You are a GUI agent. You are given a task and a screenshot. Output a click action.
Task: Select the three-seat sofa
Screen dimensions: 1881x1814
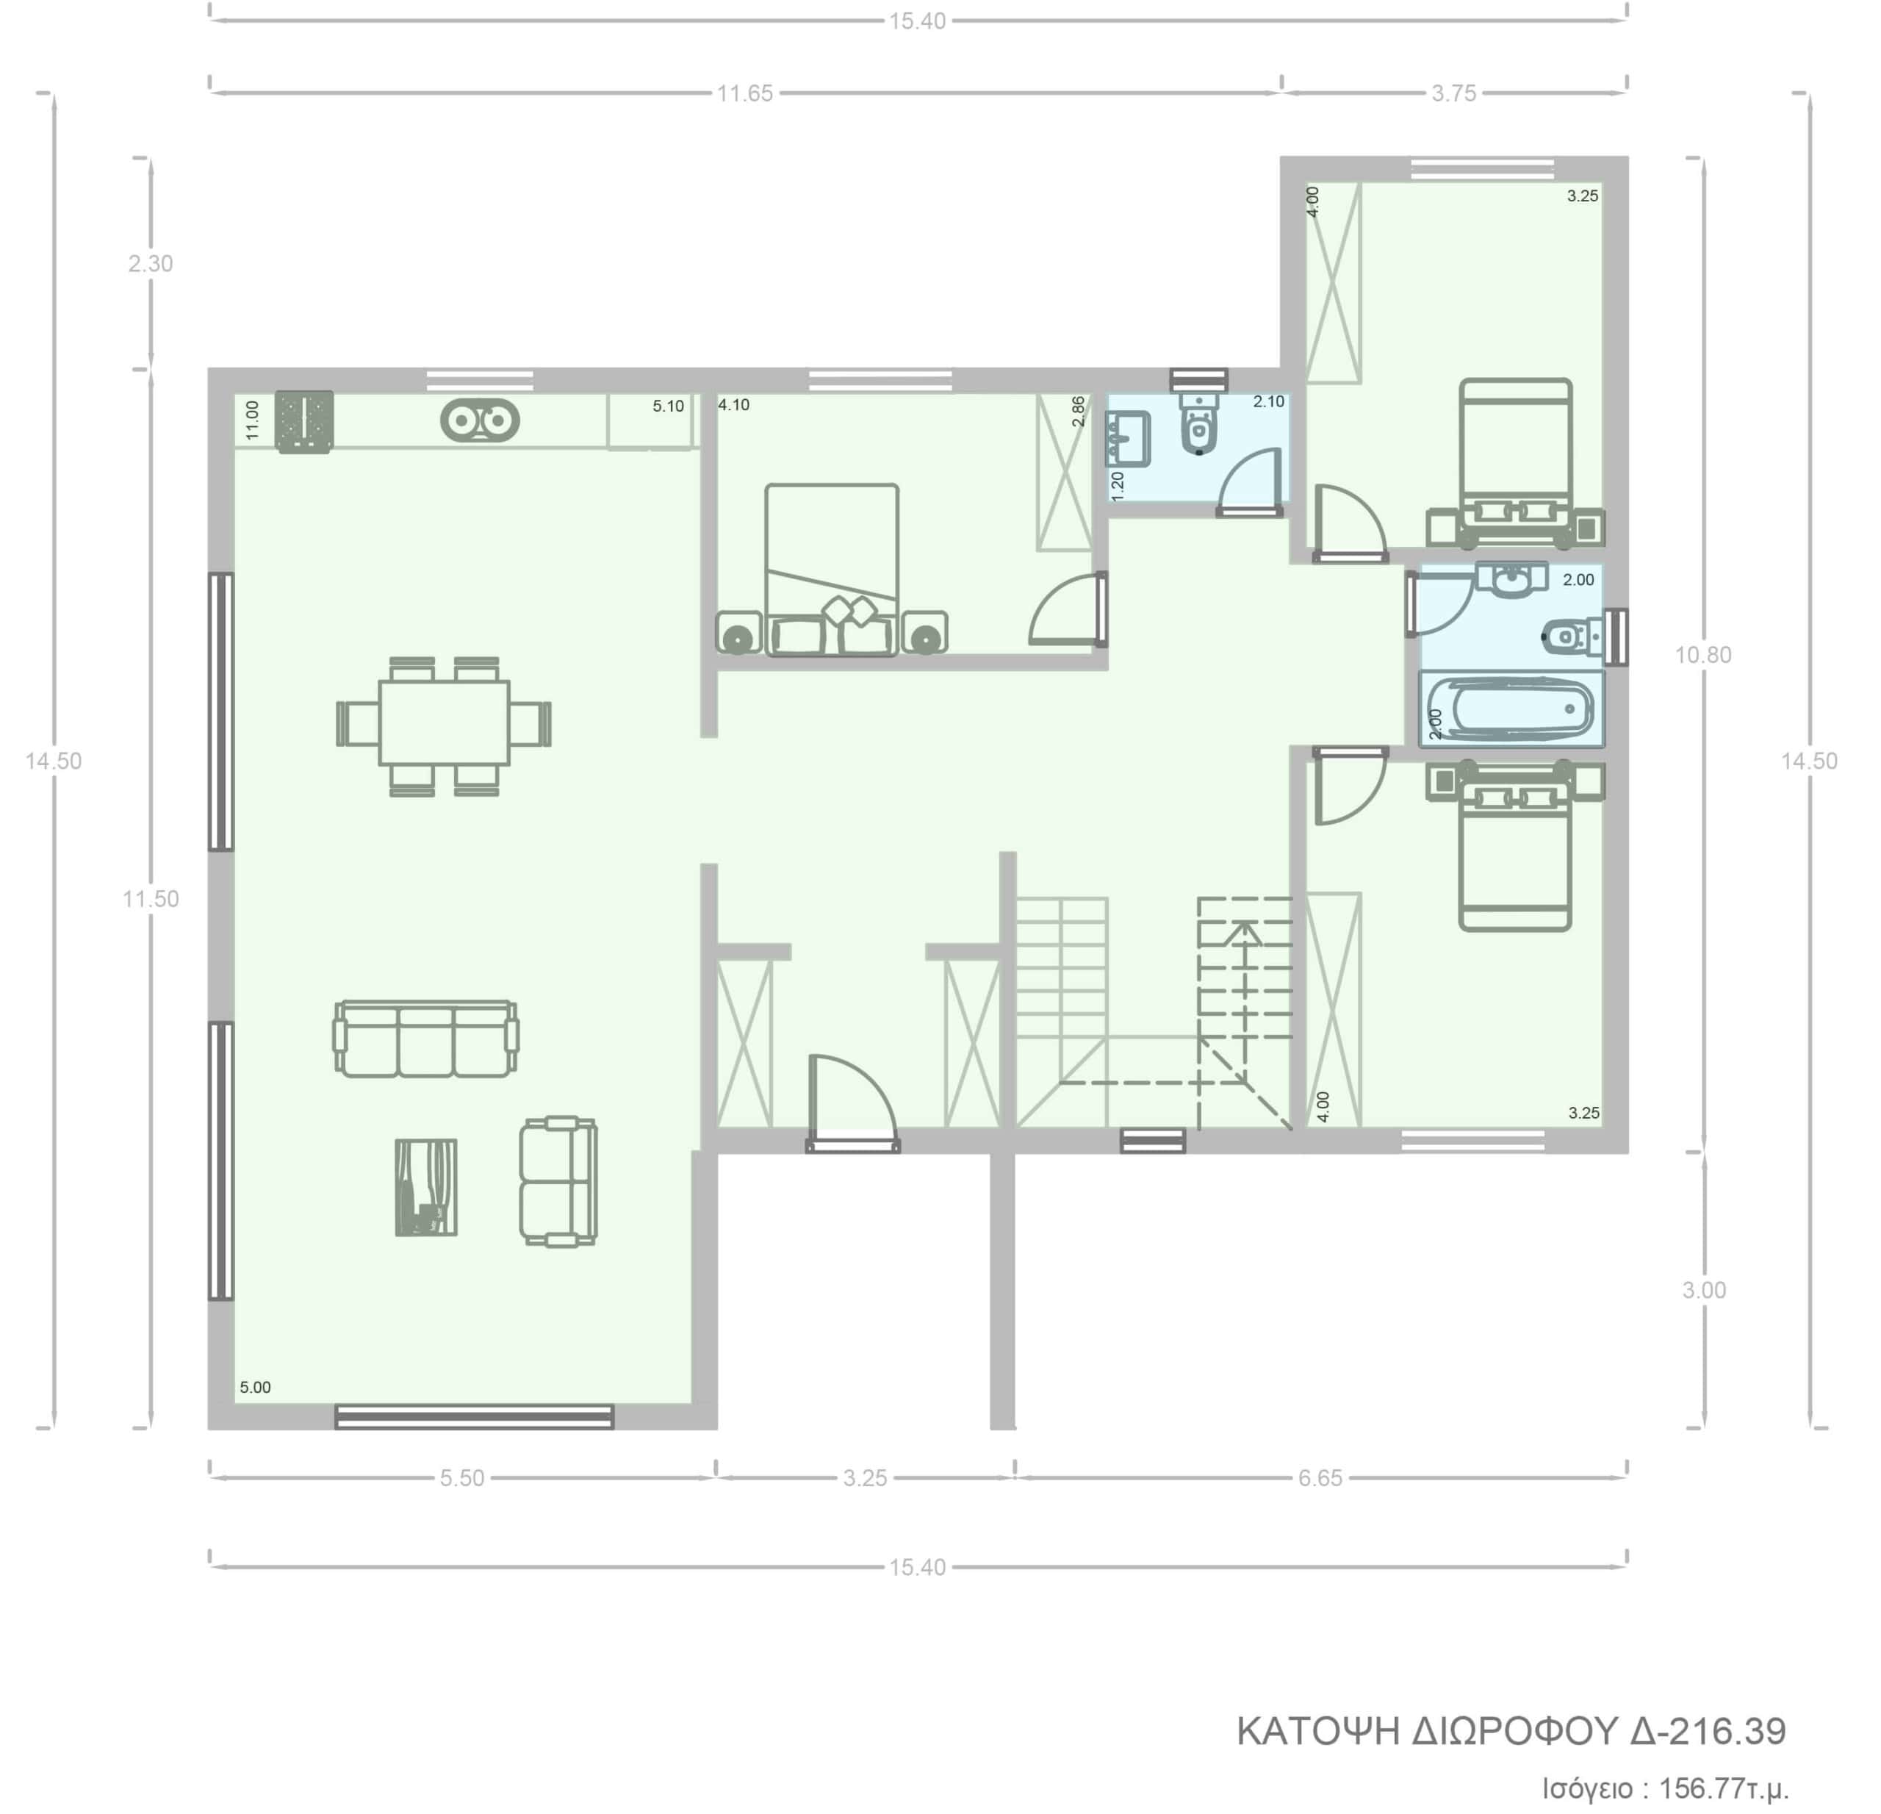click(x=426, y=1039)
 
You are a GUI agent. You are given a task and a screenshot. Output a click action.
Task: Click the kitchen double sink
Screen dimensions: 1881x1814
click(x=480, y=420)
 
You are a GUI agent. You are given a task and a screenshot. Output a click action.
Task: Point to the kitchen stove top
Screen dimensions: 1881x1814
click(x=304, y=421)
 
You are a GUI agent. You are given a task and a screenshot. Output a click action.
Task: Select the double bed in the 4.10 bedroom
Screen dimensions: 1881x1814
click(x=832, y=570)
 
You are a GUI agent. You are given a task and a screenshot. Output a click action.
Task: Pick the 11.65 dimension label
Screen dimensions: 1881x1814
click(x=745, y=93)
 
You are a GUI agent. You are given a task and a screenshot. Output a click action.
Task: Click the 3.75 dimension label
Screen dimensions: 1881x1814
click(x=1454, y=93)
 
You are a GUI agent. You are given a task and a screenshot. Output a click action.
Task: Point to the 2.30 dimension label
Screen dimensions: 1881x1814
click(x=151, y=263)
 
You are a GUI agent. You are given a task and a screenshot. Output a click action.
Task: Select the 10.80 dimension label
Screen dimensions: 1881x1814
click(x=1703, y=656)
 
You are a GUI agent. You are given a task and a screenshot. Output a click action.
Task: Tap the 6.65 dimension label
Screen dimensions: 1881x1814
click(x=1320, y=1478)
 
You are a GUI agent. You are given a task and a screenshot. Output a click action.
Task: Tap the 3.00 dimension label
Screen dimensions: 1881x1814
click(x=1703, y=1290)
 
